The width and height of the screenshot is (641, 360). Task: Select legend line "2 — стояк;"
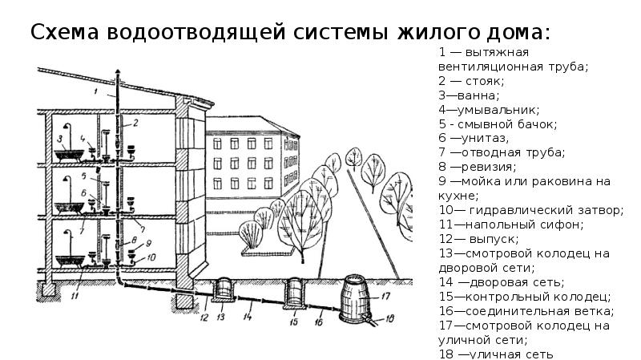470,82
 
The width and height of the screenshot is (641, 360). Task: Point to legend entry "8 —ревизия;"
477,166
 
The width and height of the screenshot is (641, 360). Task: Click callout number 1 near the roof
94,94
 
